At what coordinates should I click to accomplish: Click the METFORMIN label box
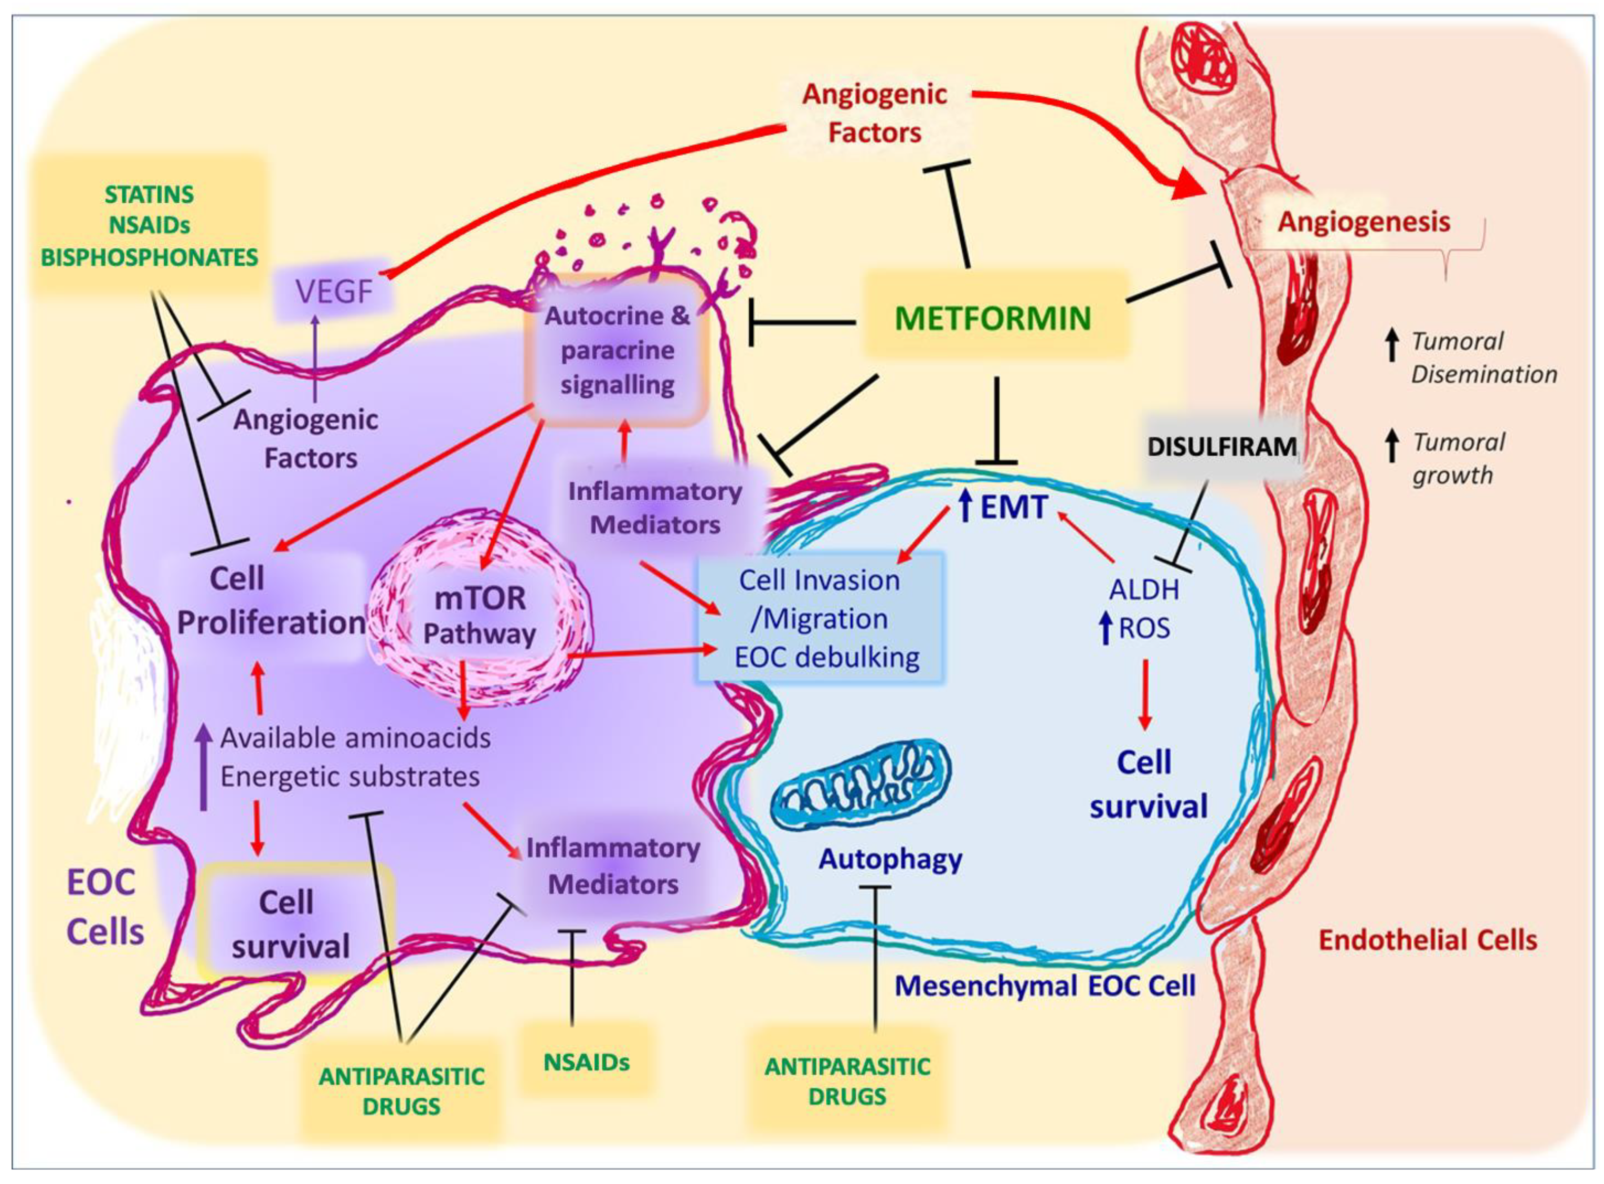[x=993, y=317]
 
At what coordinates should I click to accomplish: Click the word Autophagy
[x=890, y=859]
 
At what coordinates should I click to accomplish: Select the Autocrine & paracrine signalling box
[x=617, y=350]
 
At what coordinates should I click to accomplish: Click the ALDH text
[x=1144, y=589]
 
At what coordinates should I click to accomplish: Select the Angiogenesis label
[x=1364, y=221]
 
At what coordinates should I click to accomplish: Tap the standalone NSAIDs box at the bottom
[x=586, y=1061]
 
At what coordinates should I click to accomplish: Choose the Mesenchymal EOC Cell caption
[x=1045, y=986]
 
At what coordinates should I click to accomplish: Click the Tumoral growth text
[x=1458, y=459]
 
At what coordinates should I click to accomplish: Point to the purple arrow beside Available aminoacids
[x=204, y=767]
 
